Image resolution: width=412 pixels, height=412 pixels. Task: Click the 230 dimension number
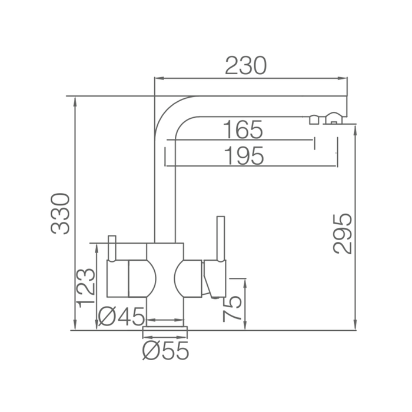245,65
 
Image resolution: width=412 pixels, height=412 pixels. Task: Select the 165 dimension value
242,129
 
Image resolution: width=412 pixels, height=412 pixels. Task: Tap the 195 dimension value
244,156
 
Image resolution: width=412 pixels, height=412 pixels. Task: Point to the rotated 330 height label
60,214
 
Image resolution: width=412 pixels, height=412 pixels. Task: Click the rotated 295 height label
342,234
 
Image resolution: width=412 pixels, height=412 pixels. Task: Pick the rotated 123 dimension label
85,288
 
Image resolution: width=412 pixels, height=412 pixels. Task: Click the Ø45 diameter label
121,317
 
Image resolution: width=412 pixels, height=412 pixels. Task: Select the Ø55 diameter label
165,351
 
